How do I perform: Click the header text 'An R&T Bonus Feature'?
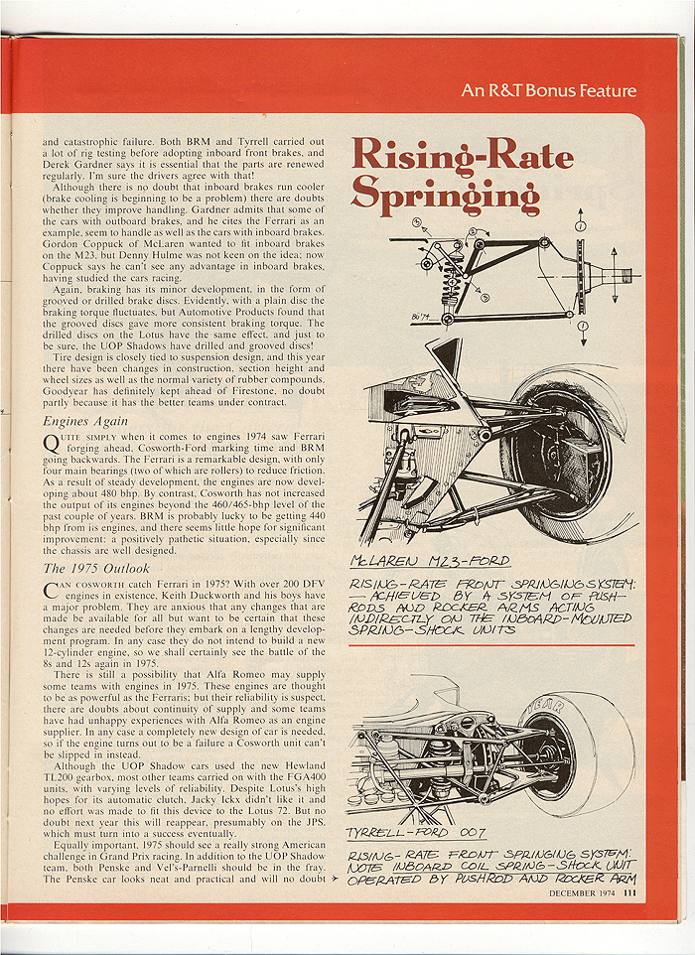548,91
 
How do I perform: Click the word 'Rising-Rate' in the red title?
462,157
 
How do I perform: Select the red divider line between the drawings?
491,645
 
